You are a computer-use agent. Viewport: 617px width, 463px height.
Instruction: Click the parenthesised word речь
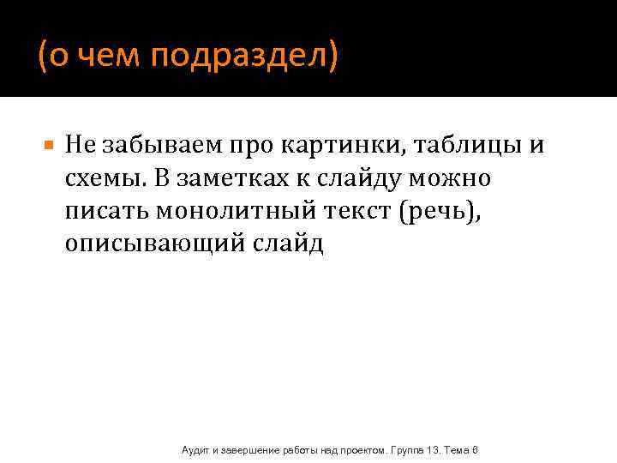(450, 211)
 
